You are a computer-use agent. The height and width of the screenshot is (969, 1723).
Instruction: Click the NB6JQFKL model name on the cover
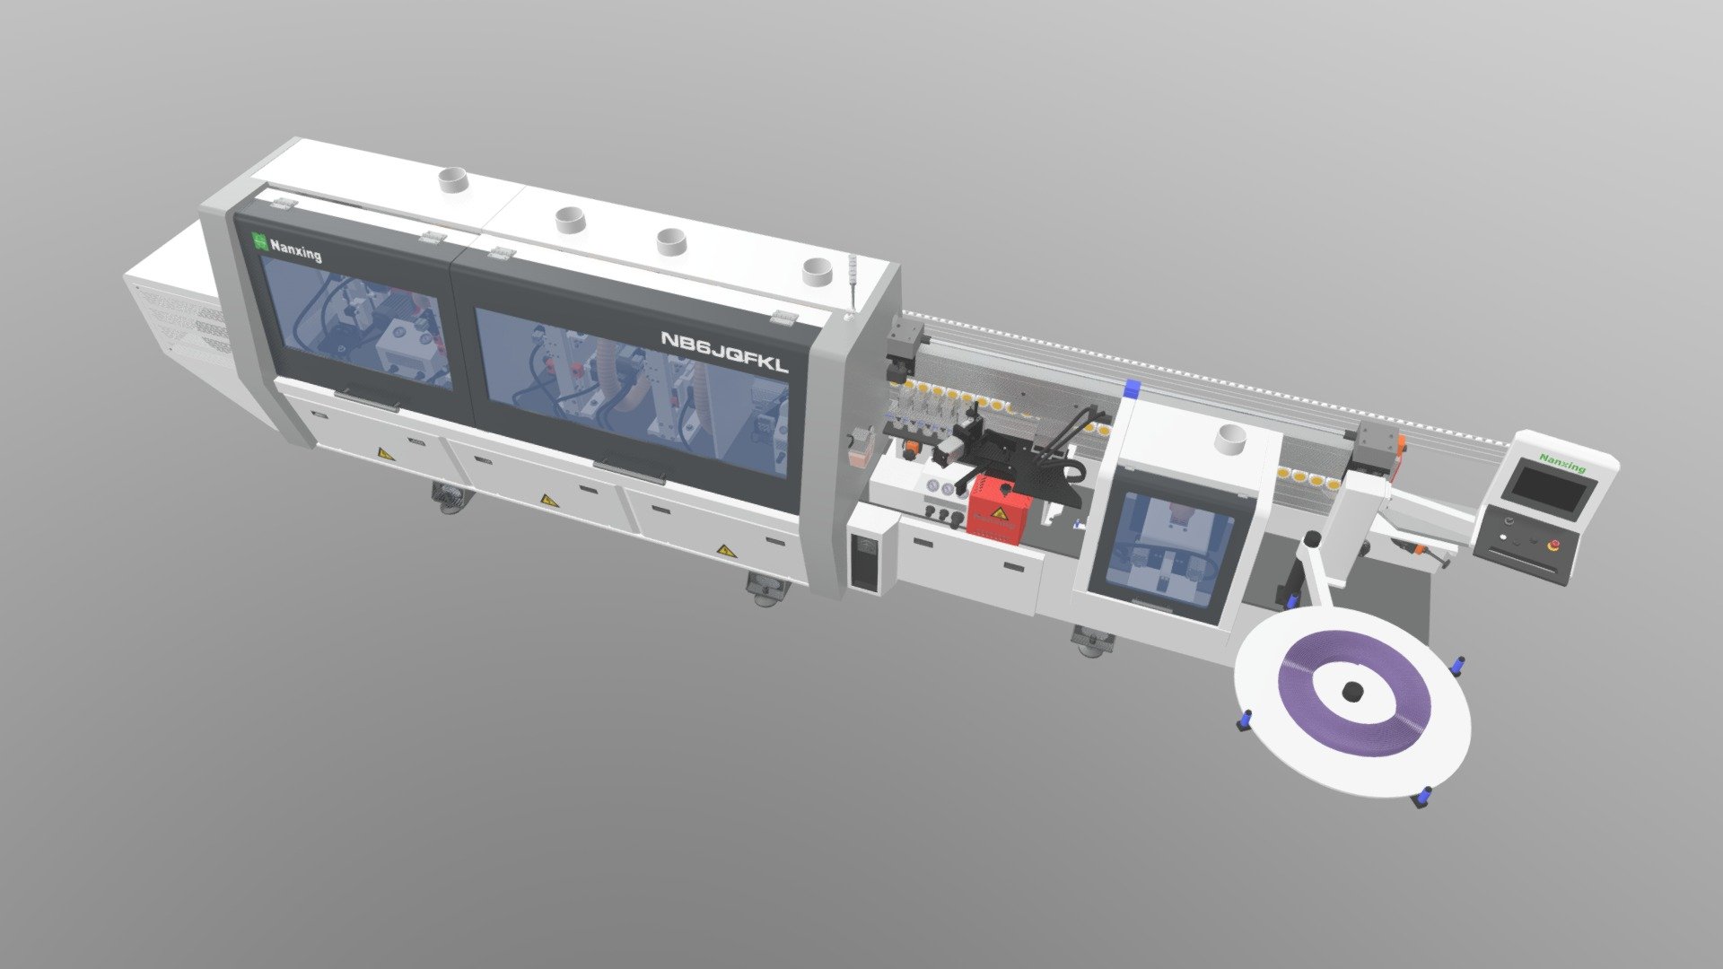[x=725, y=352]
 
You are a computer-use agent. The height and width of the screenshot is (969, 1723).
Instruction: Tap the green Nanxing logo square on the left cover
[x=259, y=241]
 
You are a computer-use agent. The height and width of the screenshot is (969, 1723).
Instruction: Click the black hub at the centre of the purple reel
[x=1352, y=691]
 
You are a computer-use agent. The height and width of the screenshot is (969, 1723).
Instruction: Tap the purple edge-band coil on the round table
[x=1351, y=692]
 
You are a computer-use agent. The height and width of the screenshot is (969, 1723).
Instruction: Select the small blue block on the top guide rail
[x=1132, y=388]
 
